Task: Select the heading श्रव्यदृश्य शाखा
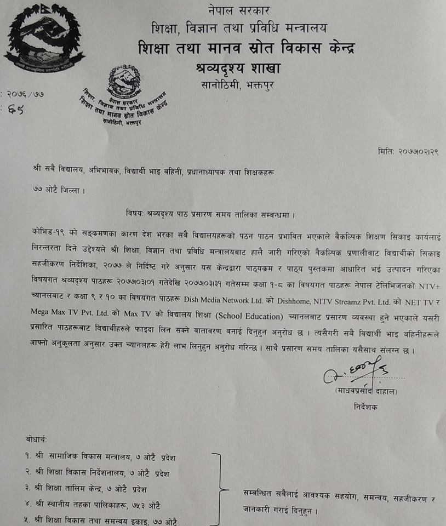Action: (x=237, y=68)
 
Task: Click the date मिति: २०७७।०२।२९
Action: (x=408, y=151)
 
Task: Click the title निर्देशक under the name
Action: (x=365, y=408)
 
